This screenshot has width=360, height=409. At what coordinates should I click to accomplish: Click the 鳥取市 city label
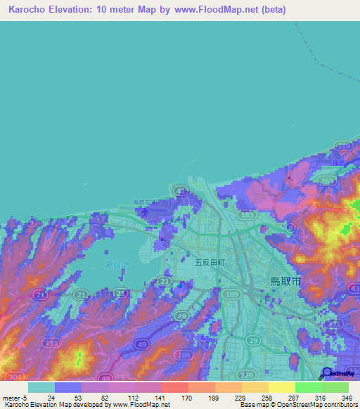[x=286, y=280]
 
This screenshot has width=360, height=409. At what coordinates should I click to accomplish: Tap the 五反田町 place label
[x=210, y=261]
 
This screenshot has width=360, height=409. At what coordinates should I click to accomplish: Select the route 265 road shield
[x=326, y=181]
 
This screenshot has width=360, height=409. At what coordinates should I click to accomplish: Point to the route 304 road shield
[x=13, y=377]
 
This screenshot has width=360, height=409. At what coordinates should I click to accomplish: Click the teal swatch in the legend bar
[x=41, y=387]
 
